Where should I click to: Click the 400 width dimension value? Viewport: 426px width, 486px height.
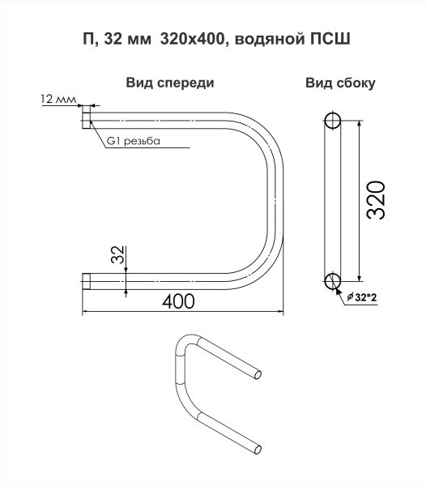click(x=178, y=301)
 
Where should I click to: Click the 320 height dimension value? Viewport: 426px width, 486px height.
click(x=376, y=200)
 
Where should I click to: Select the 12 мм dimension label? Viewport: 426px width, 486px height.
click(x=58, y=99)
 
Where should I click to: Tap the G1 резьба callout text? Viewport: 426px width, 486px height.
click(x=134, y=141)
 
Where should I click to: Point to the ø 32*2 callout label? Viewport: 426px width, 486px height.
click(x=362, y=297)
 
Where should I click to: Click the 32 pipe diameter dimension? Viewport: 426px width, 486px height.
click(x=117, y=254)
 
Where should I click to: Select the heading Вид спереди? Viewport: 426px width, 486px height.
click(x=170, y=83)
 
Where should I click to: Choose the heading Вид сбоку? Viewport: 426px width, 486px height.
click(x=340, y=83)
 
